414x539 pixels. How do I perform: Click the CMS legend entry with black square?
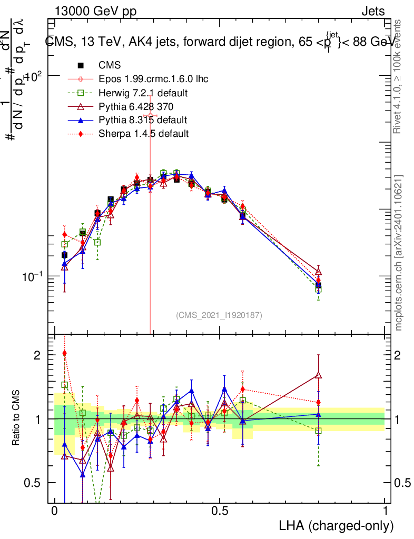pyautogui.click(x=110, y=65)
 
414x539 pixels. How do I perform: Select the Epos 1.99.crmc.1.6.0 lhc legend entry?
pyautogui.click(x=153, y=79)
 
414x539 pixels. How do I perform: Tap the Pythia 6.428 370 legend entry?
pyautogui.click(x=136, y=106)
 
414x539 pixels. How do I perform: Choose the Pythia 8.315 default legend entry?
pyautogui.click(x=143, y=120)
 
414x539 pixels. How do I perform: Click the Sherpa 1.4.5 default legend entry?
pyautogui.click(x=143, y=134)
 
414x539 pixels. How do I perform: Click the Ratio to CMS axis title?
pyautogui.click(x=17, y=418)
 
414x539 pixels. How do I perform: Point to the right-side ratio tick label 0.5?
pyautogui.click(x=402, y=483)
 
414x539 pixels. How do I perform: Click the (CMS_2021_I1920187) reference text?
pyautogui.click(x=219, y=315)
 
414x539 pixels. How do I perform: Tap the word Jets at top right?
pyautogui.click(x=373, y=12)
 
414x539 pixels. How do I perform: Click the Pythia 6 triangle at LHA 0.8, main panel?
pyautogui.click(x=318, y=272)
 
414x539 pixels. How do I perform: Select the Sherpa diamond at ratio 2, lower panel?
pyautogui.click(x=65, y=353)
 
